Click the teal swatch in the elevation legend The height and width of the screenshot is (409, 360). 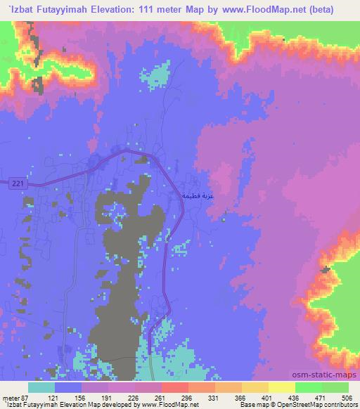click(x=41, y=387)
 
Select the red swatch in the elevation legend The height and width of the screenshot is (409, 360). click(x=175, y=387)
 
